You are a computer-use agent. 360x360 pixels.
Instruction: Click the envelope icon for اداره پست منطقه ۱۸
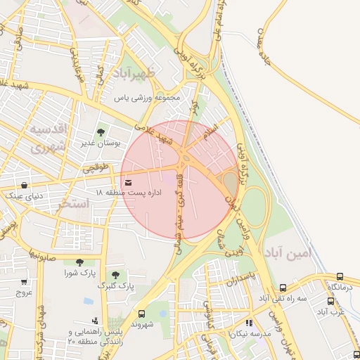(x=127, y=184)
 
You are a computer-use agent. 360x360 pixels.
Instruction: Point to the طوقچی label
(x=97, y=168)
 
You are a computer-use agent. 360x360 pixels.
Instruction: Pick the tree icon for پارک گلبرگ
(x=115, y=274)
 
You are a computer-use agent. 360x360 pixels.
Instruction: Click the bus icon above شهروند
(x=142, y=314)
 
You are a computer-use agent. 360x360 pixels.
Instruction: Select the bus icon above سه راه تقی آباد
(x=283, y=288)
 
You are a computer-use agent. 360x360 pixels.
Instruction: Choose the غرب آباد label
(x=329, y=311)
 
